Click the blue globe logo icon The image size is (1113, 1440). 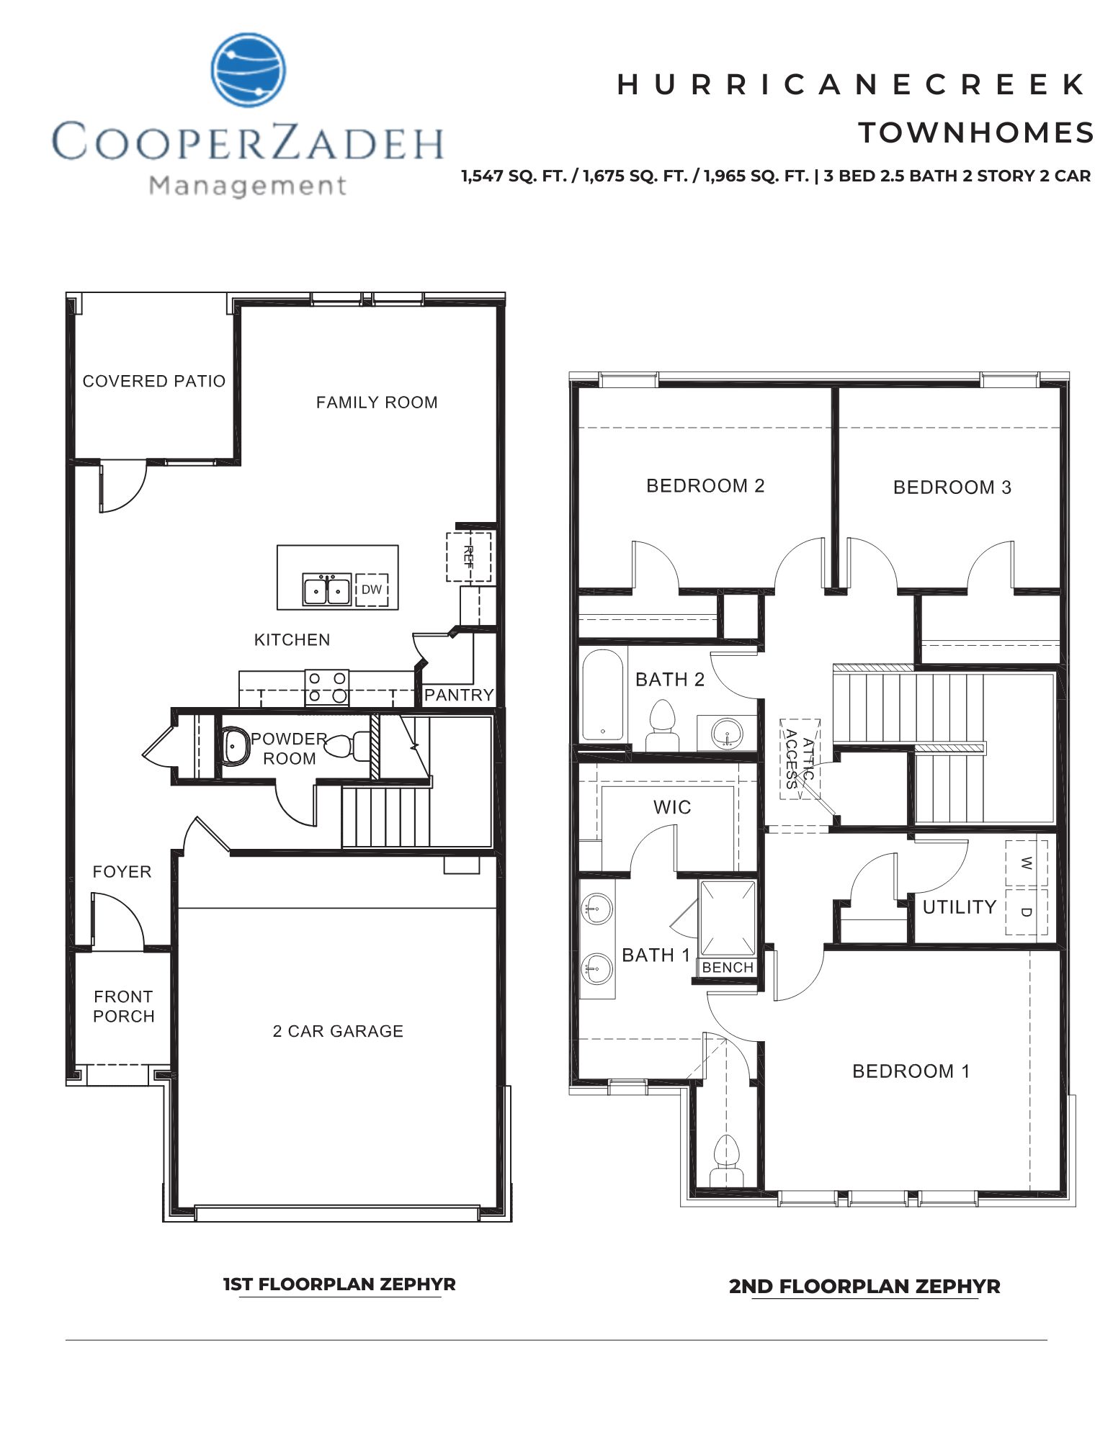click(x=248, y=70)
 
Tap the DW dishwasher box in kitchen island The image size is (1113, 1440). click(x=372, y=590)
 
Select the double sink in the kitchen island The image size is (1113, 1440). click(x=326, y=590)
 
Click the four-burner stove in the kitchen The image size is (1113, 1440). click(x=326, y=687)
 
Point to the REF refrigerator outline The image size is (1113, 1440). click(x=468, y=557)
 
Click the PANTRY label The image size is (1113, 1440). click(x=459, y=695)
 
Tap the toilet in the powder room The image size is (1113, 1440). click(x=347, y=746)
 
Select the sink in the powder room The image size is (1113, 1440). click(x=233, y=747)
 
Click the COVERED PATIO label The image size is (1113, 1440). click(x=154, y=381)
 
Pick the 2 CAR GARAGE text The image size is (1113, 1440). click(x=338, y=1031)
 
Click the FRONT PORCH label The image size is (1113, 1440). click(x=124, y=1007)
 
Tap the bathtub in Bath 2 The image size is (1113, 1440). click(x=602, y=695)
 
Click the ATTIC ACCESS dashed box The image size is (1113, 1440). click(x=800, y=759)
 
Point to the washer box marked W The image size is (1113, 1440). click(x=1026, y=863)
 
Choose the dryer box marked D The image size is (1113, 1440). click(x=1026, y=912)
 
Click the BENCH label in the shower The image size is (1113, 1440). click(x=728, y=968)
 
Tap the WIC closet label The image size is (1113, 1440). click(x=672, y=807)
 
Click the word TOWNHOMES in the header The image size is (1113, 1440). click(x=976, y=133)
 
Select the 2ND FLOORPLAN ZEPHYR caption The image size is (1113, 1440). click(x=864, y=1286)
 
